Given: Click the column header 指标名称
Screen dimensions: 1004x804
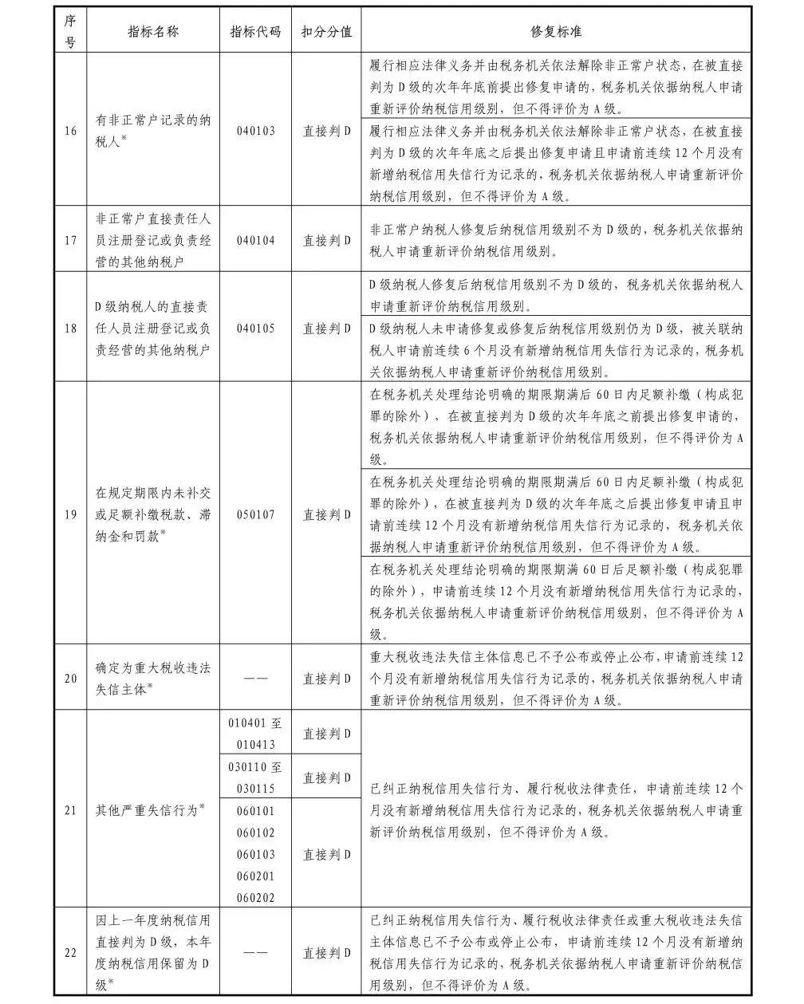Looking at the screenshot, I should (x=153, y=32).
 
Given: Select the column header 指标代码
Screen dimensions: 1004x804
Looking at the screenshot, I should (x=255, y=32).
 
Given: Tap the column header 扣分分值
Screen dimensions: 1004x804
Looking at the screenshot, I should (x=326, y=32).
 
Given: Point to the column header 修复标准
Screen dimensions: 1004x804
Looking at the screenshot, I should (x=556, y=32).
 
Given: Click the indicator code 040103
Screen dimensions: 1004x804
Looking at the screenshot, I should (x=255, y=131).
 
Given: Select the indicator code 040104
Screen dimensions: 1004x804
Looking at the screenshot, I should (x=255, y=240).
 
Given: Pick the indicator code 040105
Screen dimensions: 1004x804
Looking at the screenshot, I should (x=255, y=328).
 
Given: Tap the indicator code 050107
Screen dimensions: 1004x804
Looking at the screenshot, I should (x=255, y=514).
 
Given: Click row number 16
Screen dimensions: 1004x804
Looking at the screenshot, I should (x=71, y=131).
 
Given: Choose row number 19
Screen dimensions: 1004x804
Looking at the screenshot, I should (x=71, y=514).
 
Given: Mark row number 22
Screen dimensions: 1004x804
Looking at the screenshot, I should (x=71, y=952).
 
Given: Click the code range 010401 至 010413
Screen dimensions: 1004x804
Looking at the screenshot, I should (x=255, y=734).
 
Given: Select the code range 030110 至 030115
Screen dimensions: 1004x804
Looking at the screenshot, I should (x=255, y=778).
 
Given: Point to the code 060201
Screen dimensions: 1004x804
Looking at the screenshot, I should (x=255, y=876).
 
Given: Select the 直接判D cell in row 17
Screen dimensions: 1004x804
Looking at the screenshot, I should (x=326, y=240).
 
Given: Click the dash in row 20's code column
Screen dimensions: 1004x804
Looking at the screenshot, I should (x=255, y=679).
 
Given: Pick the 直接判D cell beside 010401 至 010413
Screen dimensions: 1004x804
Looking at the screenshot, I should (x=326, y=734).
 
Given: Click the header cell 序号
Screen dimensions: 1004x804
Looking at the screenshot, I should (x=71, y=32).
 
